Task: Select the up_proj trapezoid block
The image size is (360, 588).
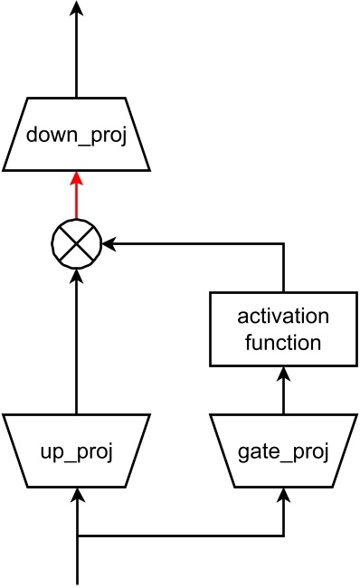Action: click(x=76, y=450)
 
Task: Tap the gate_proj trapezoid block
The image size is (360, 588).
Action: click(x=284, y=450)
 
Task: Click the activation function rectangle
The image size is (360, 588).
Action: click(x=284, y=328)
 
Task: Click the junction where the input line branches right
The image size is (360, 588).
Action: click(x=76, y=536)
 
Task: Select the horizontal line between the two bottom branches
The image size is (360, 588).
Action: click(x=181, y=536)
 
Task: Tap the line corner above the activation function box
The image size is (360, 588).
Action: click(x=284, y=242)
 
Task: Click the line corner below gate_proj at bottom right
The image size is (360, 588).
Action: click(x=284, y=536)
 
